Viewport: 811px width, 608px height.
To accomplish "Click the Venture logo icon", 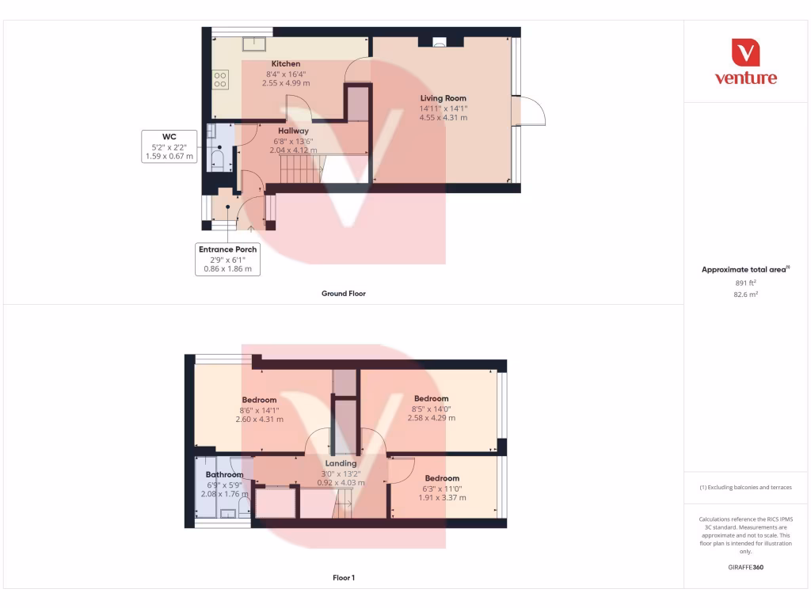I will pos(745,53).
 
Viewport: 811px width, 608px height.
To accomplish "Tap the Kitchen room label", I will pos(286,63).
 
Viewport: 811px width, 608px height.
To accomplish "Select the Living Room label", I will pos(443,99).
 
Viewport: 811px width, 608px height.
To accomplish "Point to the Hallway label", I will pos(293,131).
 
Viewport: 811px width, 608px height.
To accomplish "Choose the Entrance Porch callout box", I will pos(227,259).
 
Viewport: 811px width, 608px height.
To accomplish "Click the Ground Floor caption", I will pos(343,294).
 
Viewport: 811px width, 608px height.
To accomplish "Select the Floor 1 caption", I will pos(343,578).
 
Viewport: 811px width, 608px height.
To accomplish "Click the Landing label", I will pos(341,463).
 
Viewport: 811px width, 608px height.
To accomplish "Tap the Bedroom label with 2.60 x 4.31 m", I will pos(259,400).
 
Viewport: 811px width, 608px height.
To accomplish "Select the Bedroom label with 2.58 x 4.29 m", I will pos(431,398).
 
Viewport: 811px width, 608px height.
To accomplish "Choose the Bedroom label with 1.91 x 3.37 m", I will pos(442,478).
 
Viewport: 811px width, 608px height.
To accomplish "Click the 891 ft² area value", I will pos(747,282).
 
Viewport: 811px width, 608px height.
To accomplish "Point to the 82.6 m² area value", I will pos(747,294).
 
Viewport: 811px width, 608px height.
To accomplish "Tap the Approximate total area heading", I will pos(745,269).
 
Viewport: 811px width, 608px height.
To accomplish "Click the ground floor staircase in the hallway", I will pos(299,168).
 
